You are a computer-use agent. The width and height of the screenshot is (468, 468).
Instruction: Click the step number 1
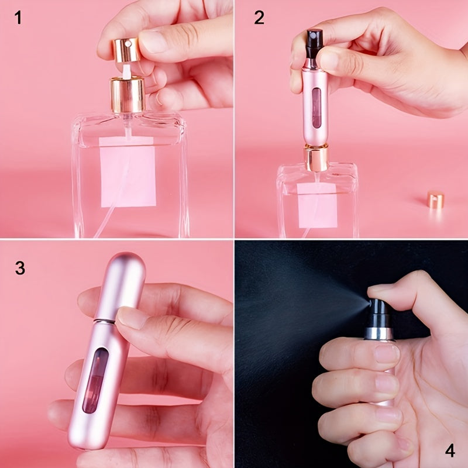click(x=18, y=18)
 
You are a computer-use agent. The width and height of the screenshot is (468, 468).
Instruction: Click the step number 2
click(x=259, y=18)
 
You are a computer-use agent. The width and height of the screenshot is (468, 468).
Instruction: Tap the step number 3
click(x=19, y=268)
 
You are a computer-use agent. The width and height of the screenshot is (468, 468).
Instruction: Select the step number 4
click(x=450, y=450)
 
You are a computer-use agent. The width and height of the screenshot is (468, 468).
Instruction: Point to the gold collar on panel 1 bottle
click(x=128, y=95)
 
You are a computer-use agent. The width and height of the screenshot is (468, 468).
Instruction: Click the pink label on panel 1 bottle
click(x=128, y=176)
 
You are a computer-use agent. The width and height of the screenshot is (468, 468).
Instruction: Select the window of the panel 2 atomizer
click(x=316, y=109)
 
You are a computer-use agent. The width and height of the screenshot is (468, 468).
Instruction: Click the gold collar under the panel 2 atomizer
click(x=316, y=159)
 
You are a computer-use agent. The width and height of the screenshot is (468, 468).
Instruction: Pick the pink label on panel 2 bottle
click(x=318, y=205)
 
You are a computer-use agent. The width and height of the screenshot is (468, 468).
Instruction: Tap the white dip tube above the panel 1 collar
click(x=127, y=71)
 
